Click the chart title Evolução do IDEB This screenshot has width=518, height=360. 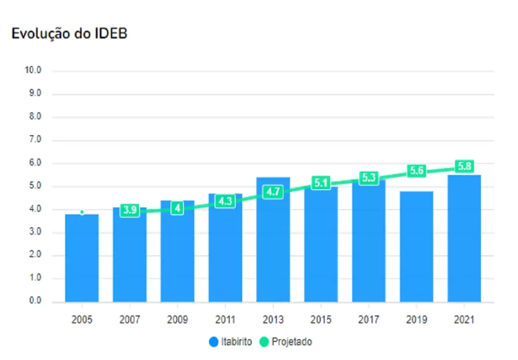[69, 33]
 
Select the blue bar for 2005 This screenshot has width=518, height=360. [82, 258]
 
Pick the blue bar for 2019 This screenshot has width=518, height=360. [416, 248]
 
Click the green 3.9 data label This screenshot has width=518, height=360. [130, 211]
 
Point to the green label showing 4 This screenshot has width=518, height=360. [177, 209]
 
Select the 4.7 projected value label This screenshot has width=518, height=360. [273, 192]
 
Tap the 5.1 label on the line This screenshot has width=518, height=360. [321, 183]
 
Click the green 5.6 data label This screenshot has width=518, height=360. [416, 171]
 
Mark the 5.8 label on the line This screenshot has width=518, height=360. [464, 166]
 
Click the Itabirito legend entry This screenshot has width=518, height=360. [231, 342]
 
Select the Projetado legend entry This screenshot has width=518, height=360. [286, 342]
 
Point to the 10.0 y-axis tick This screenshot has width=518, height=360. [33, 70]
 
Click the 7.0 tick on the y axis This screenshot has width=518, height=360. [33, 140]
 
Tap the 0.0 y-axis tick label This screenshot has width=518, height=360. [33, 301]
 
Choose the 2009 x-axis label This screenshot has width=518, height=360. [178, 320]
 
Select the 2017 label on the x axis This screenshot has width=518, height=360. [369, 320]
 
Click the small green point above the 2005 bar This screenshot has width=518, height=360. [82, 212]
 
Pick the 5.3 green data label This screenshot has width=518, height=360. [369, 178]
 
